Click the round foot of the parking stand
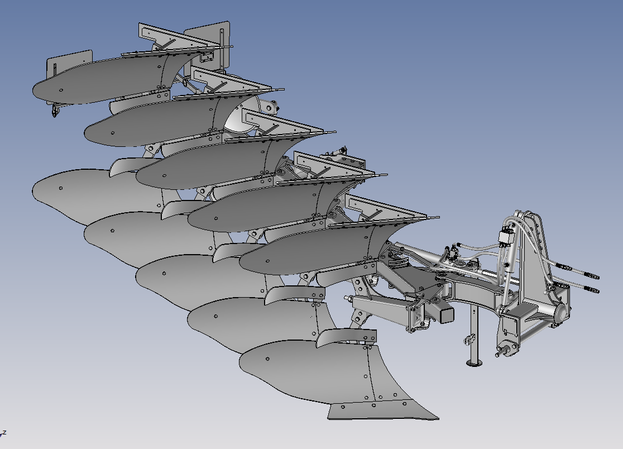(x=474, y=362)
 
